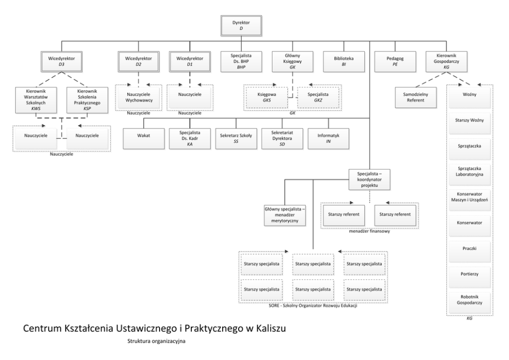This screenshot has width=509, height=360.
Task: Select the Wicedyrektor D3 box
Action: (x=63, y=62)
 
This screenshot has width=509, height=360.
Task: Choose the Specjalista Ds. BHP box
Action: (x=241, y=62)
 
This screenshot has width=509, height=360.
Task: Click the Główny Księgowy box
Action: (x=292, y=62)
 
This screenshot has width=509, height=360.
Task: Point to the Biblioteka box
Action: (x=343, y=62)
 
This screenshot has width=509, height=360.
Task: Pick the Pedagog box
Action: (x=394, y=62)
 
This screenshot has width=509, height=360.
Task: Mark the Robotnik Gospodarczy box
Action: (x=469, y=300)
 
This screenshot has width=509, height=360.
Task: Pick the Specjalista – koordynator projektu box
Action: (x=369, y=179)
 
